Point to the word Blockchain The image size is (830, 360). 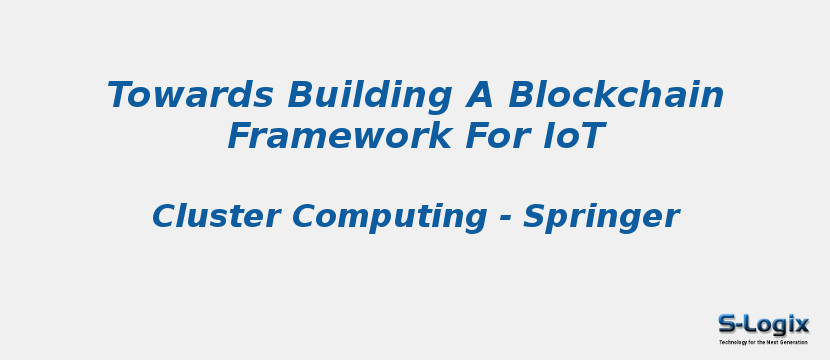coord(615,96)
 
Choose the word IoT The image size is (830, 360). coord(573,136)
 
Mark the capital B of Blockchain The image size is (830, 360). coord(522,96)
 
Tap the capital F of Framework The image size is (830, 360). coord(240,136)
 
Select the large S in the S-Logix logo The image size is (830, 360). coord(728,324)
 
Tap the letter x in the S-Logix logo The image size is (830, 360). coord(802,324)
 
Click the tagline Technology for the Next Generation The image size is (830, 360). coord(763,342)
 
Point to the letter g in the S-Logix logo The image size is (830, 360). coord(778,326)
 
